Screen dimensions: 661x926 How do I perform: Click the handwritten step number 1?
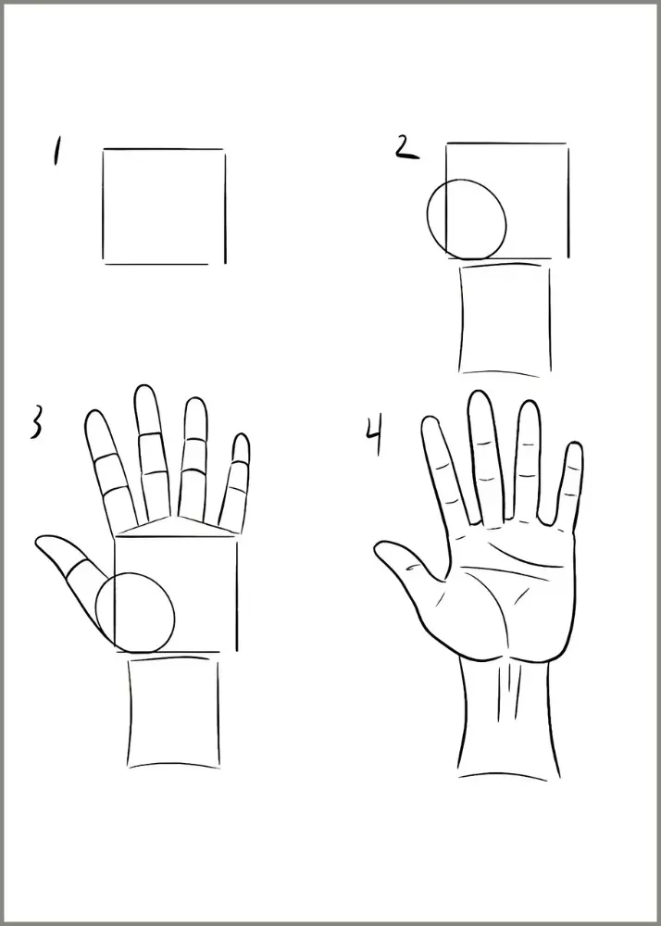(56, 151)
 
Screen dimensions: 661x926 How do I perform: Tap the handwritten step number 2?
(406, 147)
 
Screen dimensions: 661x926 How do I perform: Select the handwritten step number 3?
(35, 421)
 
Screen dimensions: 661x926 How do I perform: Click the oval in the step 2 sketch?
(427, 219)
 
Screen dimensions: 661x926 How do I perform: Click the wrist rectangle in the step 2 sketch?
(460, 319)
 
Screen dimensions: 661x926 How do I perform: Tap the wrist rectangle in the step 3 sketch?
(129, 711)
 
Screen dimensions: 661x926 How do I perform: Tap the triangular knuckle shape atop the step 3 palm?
(177, 526)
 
